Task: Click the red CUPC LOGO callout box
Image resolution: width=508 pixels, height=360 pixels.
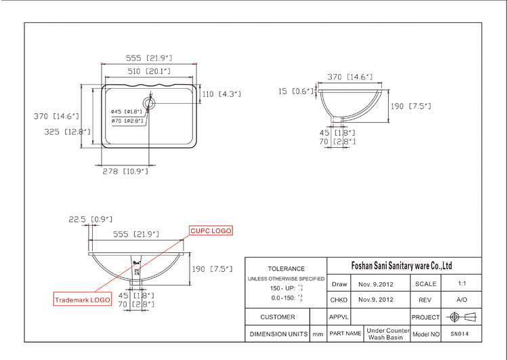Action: pyautogui.click(x=211, y=231)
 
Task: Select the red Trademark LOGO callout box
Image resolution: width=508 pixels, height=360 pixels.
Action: pyautogui.click(x=82, y=299)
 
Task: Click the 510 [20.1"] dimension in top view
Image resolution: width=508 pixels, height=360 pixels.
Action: pyautogui.click(x=149, y=71)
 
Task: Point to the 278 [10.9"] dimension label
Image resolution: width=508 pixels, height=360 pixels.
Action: pyautogui.click(x=125, y=172)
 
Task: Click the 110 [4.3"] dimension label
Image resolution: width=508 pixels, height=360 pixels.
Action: pyautogui.click(x=221, y=94)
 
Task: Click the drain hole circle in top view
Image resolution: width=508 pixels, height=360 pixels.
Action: pyautogui.click(x=150, y=104)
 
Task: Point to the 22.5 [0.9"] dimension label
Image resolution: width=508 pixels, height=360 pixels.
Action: pyautogui.click(x=90, y=219)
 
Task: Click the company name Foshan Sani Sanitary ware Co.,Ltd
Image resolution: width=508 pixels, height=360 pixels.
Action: pyautogui.click(x=403, y=266)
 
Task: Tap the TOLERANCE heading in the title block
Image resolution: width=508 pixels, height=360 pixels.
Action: pyautogui.click(x=286, y=269)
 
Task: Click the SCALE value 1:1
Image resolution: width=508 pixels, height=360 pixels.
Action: pyautogui.click(x=461, y=283)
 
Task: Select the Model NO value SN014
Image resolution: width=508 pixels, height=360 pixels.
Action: pyautogui.click(x=460, y=334)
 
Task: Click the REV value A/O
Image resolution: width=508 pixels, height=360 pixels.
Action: pyautogui.click(x=461, y=300)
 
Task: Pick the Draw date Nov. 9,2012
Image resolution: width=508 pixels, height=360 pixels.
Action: pyautogui.click(x=376, y=283)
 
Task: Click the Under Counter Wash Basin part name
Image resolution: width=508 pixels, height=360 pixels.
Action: pyautogui.click(x=389, y=334)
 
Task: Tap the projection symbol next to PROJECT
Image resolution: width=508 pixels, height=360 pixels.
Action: pyautogui.click(x=461, y=317)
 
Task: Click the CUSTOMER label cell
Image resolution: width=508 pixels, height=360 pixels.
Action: pyautogui.click(x=278, y=317)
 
